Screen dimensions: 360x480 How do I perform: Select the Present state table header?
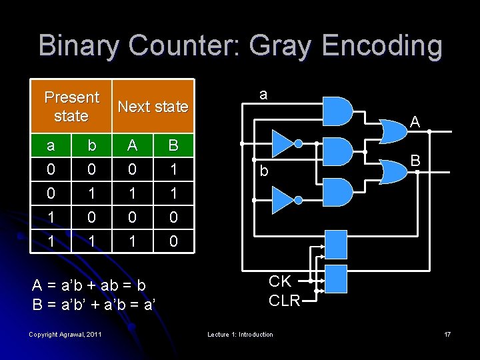point(71,107)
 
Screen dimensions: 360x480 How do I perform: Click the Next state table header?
point(153,107)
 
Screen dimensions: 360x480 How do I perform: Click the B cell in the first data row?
point(173,170)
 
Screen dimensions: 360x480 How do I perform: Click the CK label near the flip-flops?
point(280,281)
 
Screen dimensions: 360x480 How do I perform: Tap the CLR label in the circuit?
point(284,301)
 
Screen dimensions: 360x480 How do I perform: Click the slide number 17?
point(447,334)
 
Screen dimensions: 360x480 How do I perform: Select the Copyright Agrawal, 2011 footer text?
point(66,334)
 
